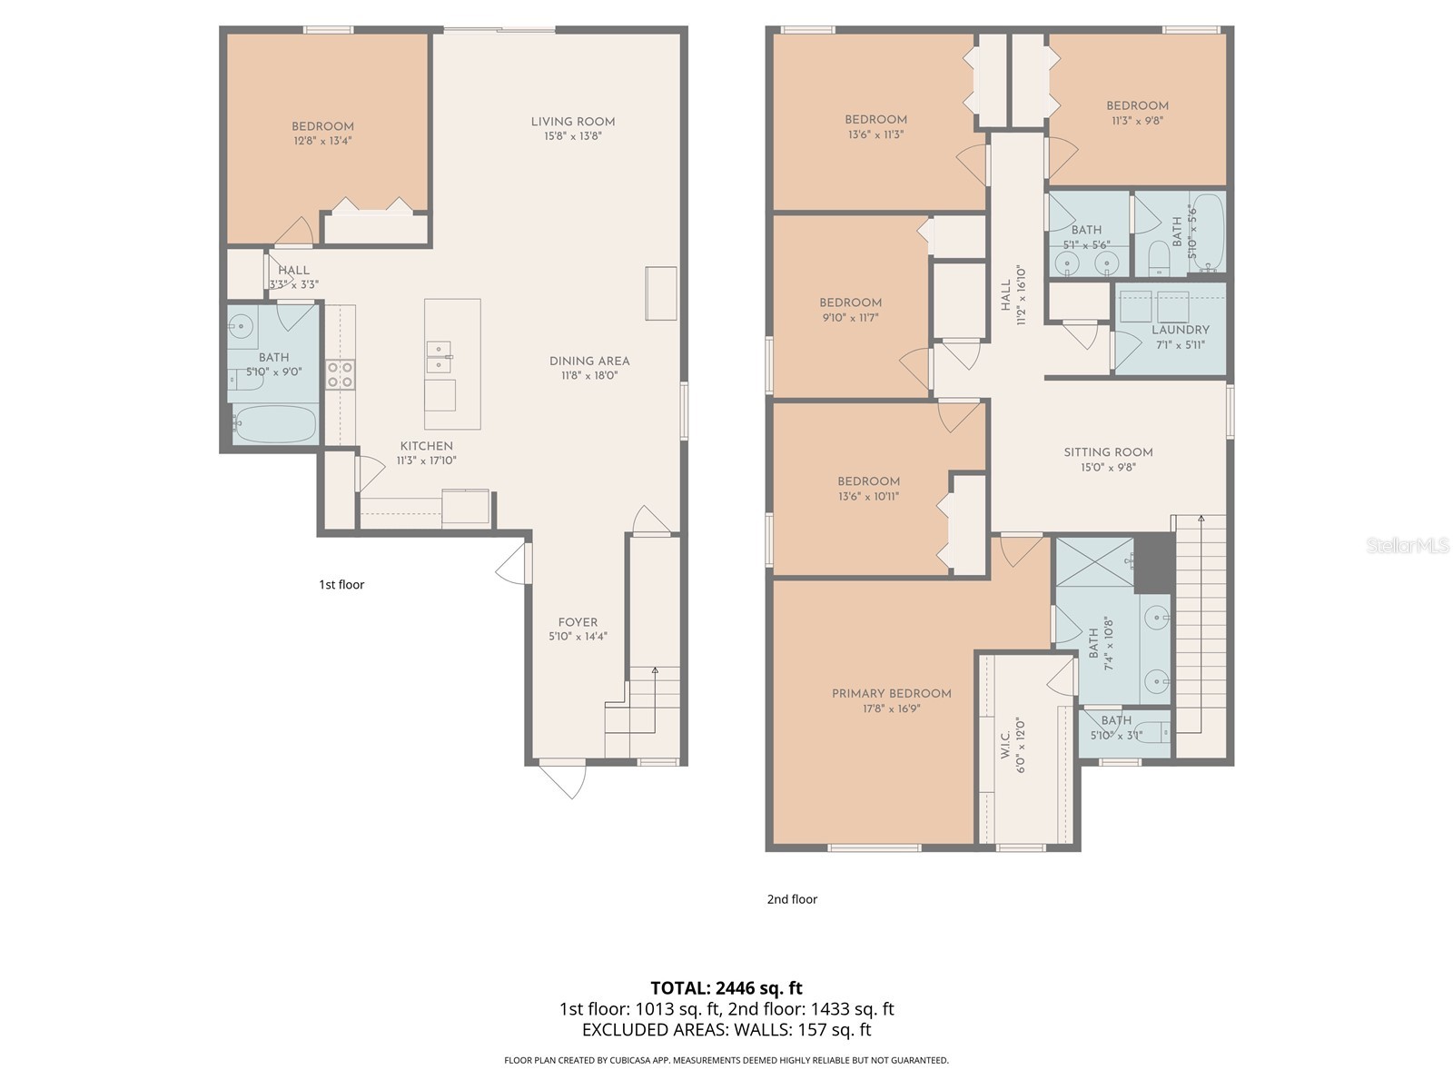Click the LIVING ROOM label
point(573,122)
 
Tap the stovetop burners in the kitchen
point(341,375)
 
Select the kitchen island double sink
point(440,357)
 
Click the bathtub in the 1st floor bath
point(275,424)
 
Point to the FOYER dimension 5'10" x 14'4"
point(578,637)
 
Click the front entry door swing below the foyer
point(563,779)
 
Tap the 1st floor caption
point(341,585)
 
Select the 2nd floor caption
point(792,899)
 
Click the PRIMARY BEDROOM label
point(892,694)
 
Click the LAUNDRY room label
point(1181,330)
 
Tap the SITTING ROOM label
point(1108,452)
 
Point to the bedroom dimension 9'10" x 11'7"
point(850,318)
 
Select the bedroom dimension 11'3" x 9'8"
point(1137,120)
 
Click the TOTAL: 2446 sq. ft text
point(726,988)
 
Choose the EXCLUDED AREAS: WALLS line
point(726,1030)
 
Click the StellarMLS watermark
point(1407,546)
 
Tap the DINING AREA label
point(589,362)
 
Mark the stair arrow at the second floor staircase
point(1201,520)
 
